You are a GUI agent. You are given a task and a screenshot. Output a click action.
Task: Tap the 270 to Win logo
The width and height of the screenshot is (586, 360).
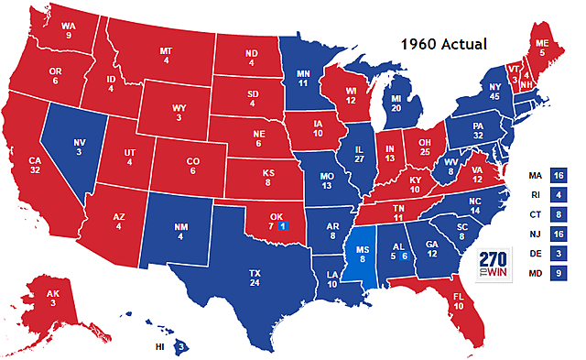pyautogui.click(x=495, y=264)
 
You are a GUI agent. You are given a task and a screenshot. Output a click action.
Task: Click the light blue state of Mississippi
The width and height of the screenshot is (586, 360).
pyautogui.click(x=364, y=259)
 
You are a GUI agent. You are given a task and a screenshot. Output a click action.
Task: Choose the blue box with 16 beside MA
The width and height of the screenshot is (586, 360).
pyautogui.click(x=559, y=175)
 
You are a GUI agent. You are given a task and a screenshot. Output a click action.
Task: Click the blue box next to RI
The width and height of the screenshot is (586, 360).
pyautogui.click(x=559, y=195)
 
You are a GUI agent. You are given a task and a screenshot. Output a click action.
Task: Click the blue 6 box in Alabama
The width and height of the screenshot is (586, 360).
pyautogui.click(x=404, y=257)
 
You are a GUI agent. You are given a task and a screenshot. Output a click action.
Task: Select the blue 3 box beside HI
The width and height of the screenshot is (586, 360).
pyautogui.click(x=182, y=346)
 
